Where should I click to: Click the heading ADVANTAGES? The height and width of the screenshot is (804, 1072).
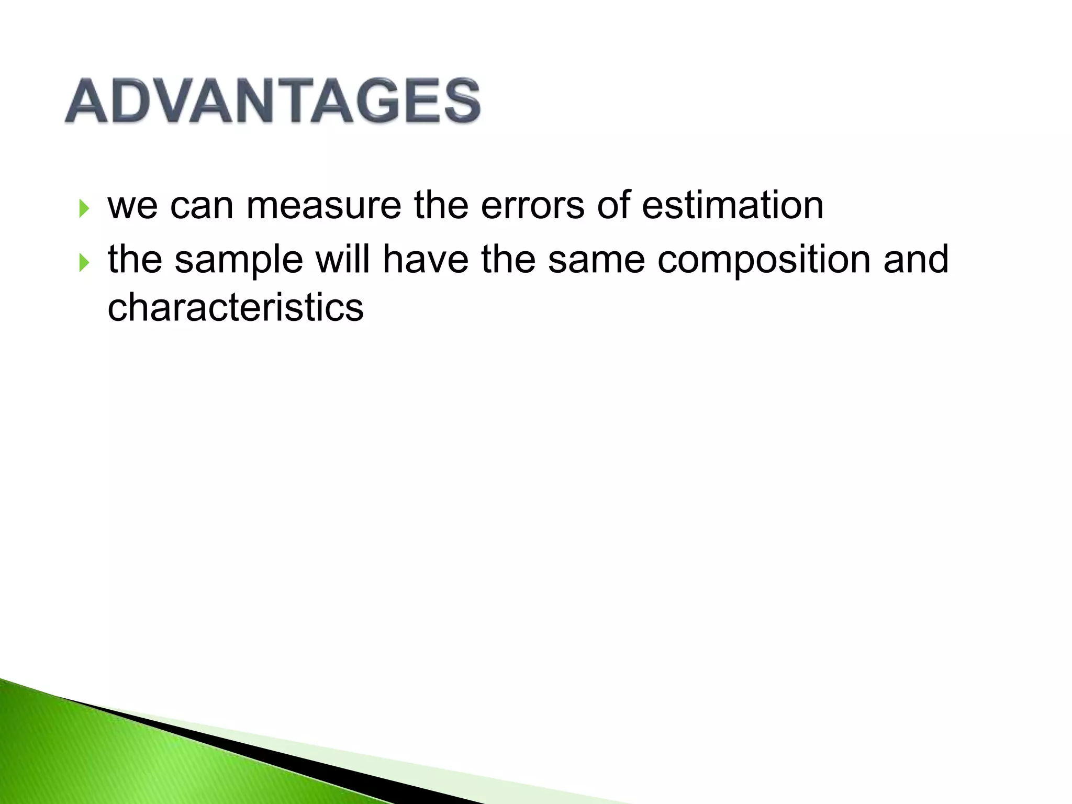click(272, 100)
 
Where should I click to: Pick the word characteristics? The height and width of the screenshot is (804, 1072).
click(236, 307)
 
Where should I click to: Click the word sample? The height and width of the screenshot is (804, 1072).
click(239, 260)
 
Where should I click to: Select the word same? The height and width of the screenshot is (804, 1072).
click(596, 260)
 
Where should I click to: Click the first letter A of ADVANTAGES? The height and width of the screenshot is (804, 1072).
click(87, 102)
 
